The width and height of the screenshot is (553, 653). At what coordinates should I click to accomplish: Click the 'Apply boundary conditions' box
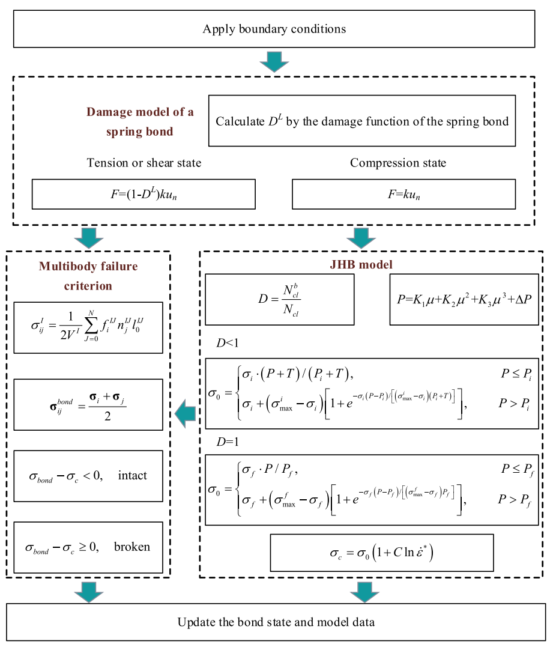[274, 29]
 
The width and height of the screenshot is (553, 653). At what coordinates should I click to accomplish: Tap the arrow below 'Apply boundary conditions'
[274, 61]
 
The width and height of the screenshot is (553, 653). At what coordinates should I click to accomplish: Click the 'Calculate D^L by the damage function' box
[361, 121]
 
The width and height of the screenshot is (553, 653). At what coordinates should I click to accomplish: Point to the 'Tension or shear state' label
[144, 163]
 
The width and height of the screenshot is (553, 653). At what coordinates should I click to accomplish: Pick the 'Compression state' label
[398, 163]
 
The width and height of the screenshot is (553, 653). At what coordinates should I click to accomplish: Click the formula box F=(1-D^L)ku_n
[144, 194]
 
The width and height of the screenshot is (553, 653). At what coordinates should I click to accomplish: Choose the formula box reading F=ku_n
[403, 194]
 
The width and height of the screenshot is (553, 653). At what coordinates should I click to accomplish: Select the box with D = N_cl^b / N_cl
[279, 299]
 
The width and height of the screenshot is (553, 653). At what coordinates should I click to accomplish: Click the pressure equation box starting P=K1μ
[464, 299]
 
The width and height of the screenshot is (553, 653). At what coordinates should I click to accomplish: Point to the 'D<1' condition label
[229, 343]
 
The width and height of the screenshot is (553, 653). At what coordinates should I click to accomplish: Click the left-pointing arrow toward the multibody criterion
[185, 412]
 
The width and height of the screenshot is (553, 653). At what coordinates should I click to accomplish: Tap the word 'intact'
[133, 476]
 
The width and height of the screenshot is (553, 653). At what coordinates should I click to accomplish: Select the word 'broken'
[131, 547]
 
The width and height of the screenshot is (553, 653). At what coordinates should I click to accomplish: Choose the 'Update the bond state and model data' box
[276, 622]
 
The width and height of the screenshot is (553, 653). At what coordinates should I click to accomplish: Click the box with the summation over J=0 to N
[88, 327]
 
